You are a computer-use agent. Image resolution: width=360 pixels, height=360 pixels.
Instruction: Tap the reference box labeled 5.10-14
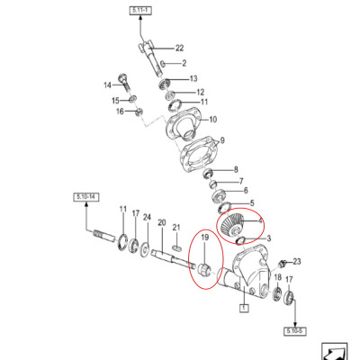(86, 195)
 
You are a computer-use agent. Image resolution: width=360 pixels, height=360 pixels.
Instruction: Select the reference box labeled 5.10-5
(295, 331)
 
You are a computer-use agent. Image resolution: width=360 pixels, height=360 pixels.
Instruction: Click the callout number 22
(179, 48)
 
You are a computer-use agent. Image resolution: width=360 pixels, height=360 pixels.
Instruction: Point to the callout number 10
(211, 119)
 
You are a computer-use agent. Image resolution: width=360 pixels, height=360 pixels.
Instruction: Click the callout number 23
(297, 261)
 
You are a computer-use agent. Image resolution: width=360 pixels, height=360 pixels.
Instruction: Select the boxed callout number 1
(242, 308)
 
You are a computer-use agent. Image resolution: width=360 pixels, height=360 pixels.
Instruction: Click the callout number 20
(162, 222)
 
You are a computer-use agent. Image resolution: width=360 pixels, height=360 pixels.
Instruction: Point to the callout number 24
(147, 216)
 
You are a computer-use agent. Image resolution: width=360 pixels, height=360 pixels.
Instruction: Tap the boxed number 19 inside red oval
(205, 238)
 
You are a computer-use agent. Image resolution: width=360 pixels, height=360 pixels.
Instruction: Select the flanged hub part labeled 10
(184, 121)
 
